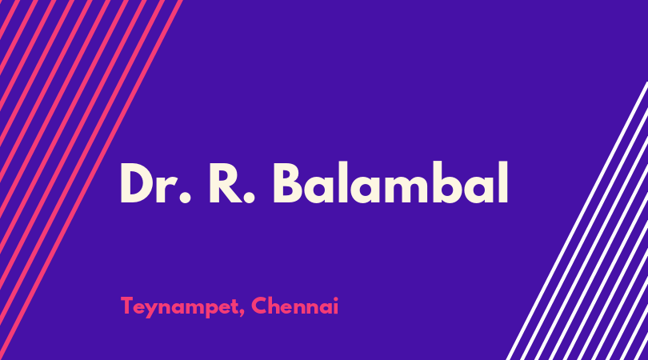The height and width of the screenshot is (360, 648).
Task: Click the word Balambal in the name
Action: coord(390,182)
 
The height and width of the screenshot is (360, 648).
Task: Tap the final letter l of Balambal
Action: coord(502,182)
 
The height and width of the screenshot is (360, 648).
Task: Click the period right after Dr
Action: coord(185,197)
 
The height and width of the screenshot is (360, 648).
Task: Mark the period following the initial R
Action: coord(249,197)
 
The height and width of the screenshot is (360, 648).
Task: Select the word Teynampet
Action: coord(179,307)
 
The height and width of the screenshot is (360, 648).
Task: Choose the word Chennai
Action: coord(294,306)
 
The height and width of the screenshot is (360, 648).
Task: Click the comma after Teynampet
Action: coord(242,313)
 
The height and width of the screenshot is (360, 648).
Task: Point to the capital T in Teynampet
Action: coord(128,306)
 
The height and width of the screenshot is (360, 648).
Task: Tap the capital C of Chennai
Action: coord(259,306)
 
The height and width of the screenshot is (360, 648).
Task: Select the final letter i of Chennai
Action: coord(335,306)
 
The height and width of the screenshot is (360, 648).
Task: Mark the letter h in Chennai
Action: coord(276,306)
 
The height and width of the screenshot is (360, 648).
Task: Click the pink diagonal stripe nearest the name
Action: coord(91,180)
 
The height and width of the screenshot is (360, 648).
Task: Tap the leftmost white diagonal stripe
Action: coord(577,221)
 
